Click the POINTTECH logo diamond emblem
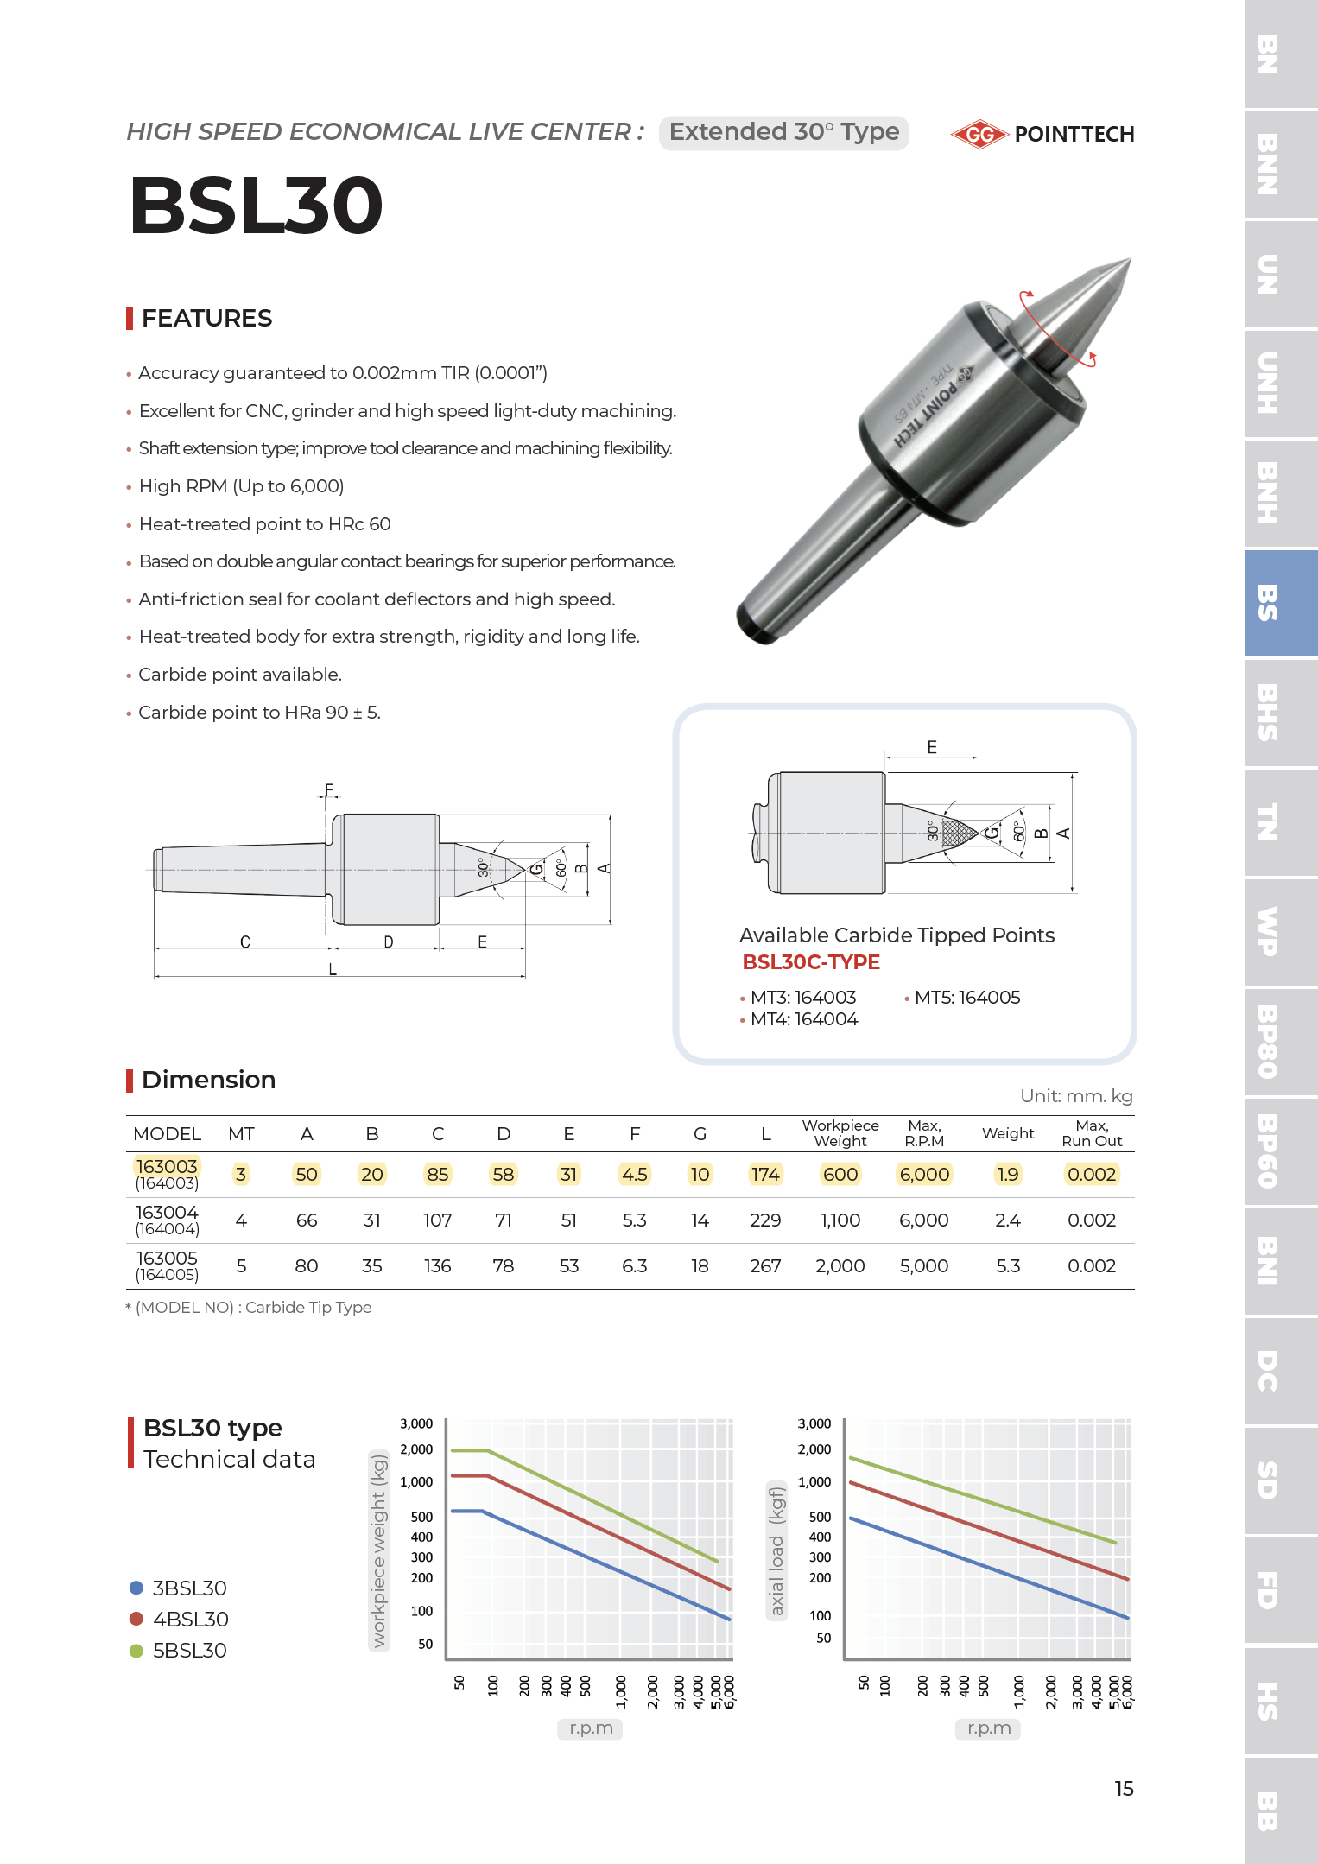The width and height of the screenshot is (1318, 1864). tap(979, 134)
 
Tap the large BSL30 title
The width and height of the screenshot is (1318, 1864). tap(256, 206)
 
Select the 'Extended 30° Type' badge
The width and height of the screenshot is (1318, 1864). tap(783, 132)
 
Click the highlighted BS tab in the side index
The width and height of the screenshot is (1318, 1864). tap(1281, 603)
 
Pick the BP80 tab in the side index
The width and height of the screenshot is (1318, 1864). tap(1281, 1042)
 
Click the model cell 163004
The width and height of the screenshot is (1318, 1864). tap(167, 1213)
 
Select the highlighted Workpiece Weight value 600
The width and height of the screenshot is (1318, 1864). tap(840, 1175)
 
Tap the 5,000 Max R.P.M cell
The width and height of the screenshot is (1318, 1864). tap(923, 1266)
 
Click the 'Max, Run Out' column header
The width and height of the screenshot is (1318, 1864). tap(1092, 1133)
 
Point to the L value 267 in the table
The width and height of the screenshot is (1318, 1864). tap(765, 1266)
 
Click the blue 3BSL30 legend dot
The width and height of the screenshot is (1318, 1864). tap(136, 1588)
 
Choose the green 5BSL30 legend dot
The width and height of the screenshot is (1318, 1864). tap(136, 1651)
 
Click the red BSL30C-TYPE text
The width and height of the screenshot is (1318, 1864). tap(811, 962)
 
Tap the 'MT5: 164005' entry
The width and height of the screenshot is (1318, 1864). tap(966, 998)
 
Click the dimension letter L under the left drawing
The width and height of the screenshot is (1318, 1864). tap(333, 970)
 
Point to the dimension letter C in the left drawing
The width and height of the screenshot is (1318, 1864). tap(245, 942)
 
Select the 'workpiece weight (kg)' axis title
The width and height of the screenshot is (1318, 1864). tap(378, 1550)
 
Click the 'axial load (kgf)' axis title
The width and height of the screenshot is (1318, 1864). tap(776, 1550)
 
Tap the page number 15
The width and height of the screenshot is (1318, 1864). tap(1124, 1789)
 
